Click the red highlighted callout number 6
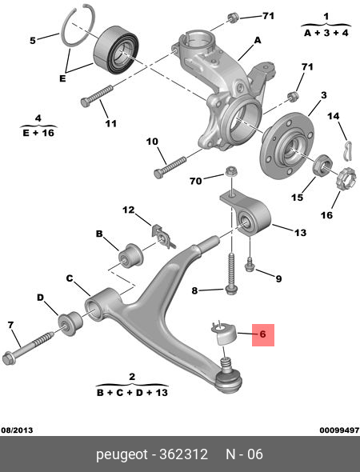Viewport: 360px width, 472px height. pos(262,334)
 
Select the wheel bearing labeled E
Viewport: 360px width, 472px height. pos(116,51)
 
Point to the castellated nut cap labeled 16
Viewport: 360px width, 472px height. pos(346,179)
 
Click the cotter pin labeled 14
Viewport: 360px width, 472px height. pos(348,150)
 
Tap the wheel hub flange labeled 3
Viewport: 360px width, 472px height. pos(287,146)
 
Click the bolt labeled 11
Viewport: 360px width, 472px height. pos(97,96)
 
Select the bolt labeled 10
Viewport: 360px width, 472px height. pos(170,168)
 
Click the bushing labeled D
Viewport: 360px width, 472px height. pos(70,324)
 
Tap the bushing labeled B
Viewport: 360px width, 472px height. pos(130,256)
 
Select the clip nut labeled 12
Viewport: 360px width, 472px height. pos(162,237)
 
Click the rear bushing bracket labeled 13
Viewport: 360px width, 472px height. pos(246,215)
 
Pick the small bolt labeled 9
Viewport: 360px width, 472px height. pos(250,264)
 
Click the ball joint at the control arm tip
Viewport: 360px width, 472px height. pos(230,378)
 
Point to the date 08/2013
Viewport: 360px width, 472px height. pos(17,430)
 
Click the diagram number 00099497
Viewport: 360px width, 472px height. pos(339,430)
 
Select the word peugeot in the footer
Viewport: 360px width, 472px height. pos(122,454)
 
